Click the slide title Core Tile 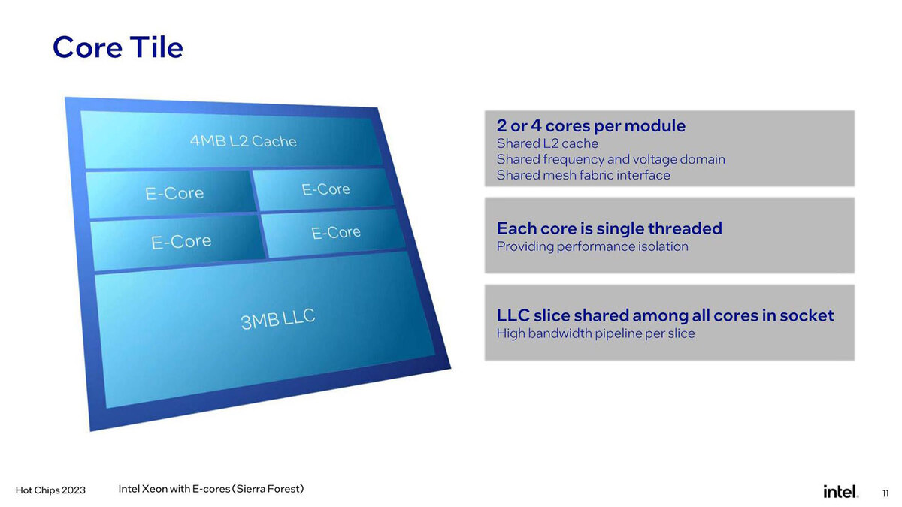pyautogui.click(x=118, y=47)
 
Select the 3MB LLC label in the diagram pyautogui.click(x=278, y=319)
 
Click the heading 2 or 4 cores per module pyautogui.click(x=591, y=125)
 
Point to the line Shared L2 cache pyautogui.click(x=547, y=143)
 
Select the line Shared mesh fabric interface pyautogui.click(x=583, y=175)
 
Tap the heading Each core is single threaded pyautogui.click(x=609, y=228)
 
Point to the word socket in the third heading pyautogui.click(x=805, y=315)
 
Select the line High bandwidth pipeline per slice pyautogui.click(x=595, y=333)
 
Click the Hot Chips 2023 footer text pyautogui.click(x=50, y=490)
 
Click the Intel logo pyautogui.click(x=840, y=491)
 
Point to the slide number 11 pyautogui.click(x=885, y=493)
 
